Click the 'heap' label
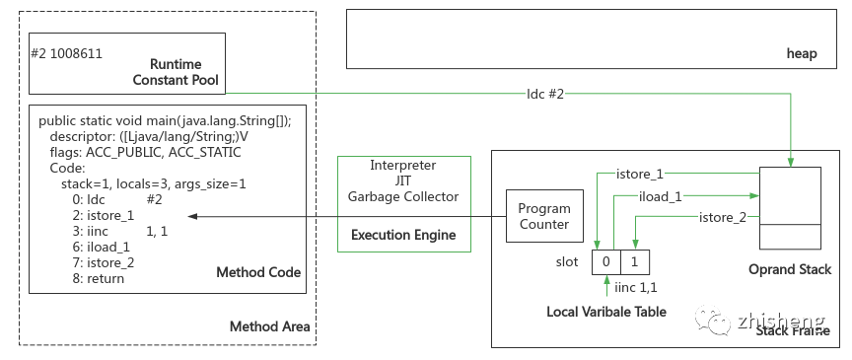802,53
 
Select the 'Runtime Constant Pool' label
177,70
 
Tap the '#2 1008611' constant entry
67,53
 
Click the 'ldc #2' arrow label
545,94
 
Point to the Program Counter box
543,217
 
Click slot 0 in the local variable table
606,261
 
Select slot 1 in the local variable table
636,261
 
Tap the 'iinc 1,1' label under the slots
637,289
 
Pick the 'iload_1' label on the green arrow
661,195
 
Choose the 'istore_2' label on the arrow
722,216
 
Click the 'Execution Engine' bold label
402,236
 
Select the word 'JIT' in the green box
402,180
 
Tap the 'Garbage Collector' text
402,196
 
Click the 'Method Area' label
269,326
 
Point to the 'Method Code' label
258,272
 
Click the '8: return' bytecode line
92,278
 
